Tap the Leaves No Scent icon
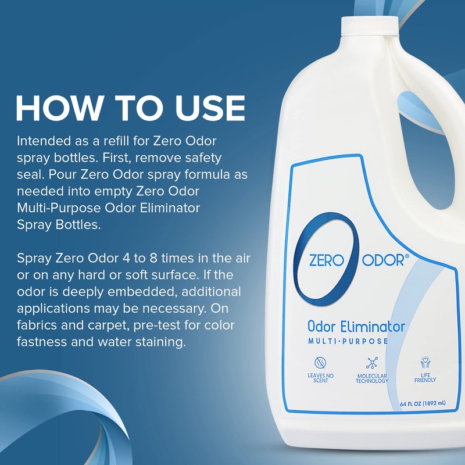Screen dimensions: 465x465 pyautogui.click(x=320, y=363)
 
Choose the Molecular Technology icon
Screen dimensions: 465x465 pyautogui.click(x=372, y=363)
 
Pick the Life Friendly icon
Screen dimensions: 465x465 pyautogui.click(x=425, y=363)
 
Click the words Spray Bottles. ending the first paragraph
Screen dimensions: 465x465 pyautogui.click(x=59, y=224)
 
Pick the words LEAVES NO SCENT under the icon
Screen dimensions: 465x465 pyautogui.click(x=320, y=378)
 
